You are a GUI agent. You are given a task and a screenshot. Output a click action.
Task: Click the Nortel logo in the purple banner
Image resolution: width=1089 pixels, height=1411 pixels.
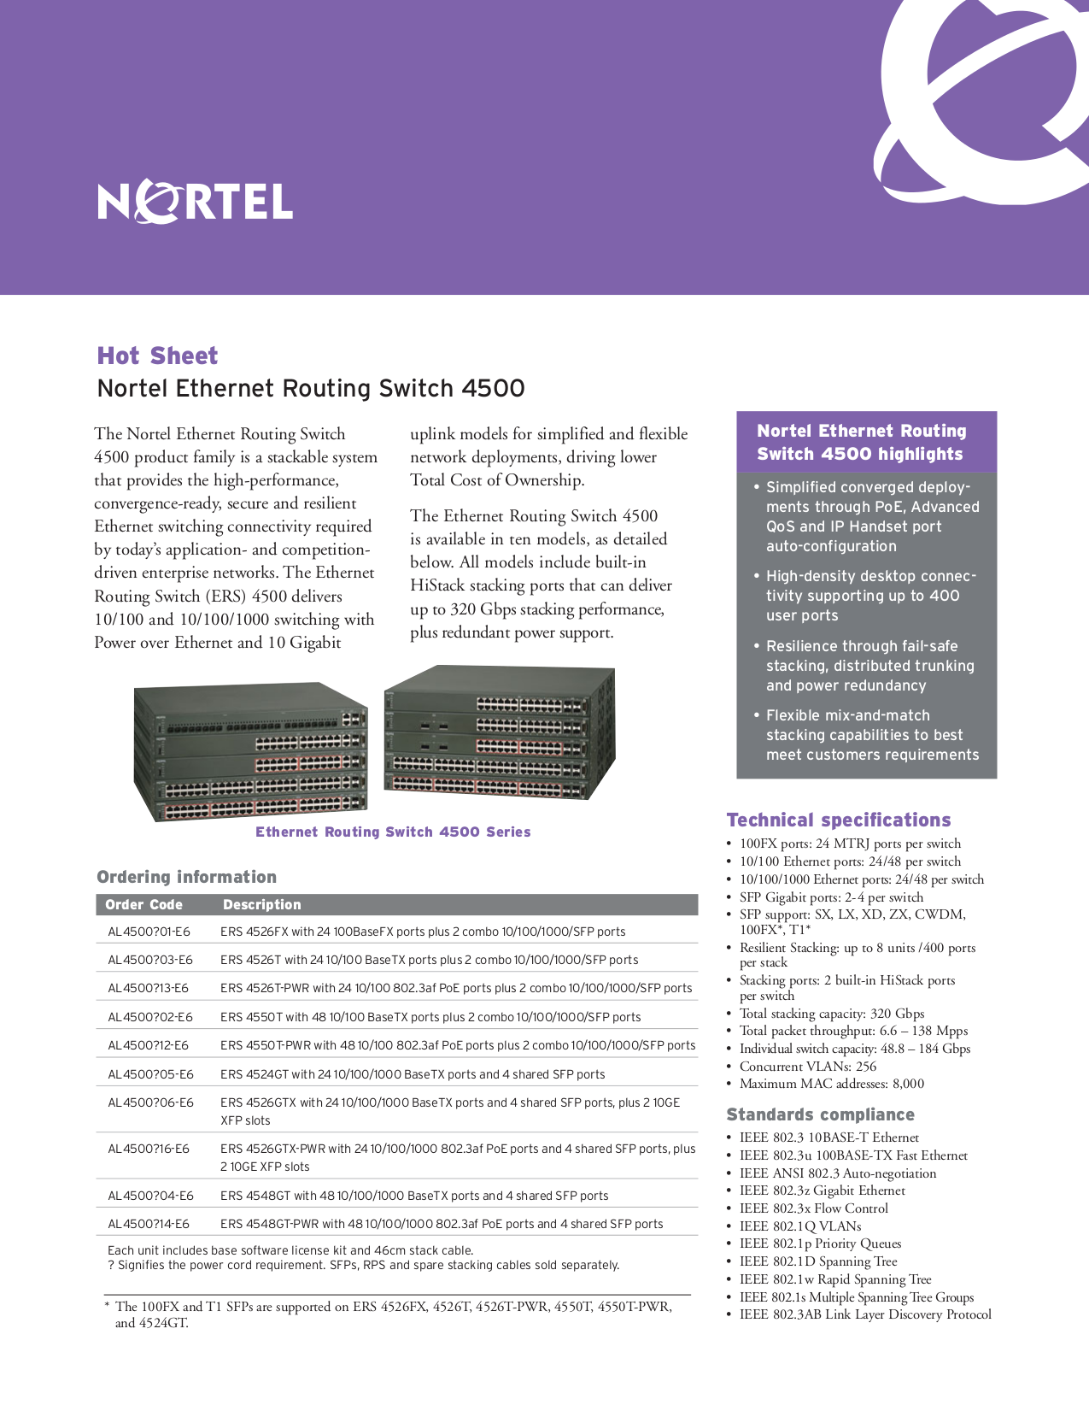coord(196,202)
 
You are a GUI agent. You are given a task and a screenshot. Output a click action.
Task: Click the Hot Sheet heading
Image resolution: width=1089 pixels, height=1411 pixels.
coord(158,356)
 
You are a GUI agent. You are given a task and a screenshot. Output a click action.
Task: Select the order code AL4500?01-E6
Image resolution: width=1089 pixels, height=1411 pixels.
coord(149,932)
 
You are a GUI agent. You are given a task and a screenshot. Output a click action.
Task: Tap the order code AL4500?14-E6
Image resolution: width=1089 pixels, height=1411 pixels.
coord(149,1224)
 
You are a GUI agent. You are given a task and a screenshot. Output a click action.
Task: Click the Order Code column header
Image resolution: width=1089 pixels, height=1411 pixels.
coord(143,904)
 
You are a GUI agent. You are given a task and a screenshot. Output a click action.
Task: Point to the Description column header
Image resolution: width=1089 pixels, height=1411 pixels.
coord(261,904)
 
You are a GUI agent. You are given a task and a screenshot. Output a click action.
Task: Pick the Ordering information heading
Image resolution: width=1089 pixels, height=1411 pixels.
coord(186,877)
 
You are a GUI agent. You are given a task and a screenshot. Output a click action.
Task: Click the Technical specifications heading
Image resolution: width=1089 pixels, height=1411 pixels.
coord(838,820)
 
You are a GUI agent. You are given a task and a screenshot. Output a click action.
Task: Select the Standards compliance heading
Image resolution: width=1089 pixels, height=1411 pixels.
coord(820,1114)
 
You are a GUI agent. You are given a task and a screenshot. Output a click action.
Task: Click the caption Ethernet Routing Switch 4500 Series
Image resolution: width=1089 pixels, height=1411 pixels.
coord(393,832)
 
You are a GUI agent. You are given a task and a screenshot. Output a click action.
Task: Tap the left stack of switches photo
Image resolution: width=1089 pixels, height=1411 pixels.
coord(250,751)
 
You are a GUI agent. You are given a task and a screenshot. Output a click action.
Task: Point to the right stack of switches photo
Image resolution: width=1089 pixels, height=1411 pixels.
coord(500,732)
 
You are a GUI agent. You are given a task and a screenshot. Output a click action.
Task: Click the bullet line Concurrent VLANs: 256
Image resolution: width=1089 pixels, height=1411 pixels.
coord(807,1067)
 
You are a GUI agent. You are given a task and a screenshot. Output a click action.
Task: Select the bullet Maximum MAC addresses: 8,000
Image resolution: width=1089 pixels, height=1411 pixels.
coord(831,1084)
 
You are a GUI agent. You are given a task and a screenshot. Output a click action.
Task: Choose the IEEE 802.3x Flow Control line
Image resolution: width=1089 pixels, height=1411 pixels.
coord(813,1208)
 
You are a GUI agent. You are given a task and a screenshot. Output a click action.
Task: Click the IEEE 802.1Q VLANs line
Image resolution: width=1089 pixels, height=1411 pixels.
coord(799,1226)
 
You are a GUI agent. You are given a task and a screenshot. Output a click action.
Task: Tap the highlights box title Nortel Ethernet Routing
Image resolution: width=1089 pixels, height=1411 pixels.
coord(861,432)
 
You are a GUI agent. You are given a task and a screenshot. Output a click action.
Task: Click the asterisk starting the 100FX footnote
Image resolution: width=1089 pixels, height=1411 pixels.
coord(107,1307)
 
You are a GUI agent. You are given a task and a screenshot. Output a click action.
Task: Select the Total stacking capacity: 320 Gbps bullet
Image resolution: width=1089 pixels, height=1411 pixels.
coord(831,1014)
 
